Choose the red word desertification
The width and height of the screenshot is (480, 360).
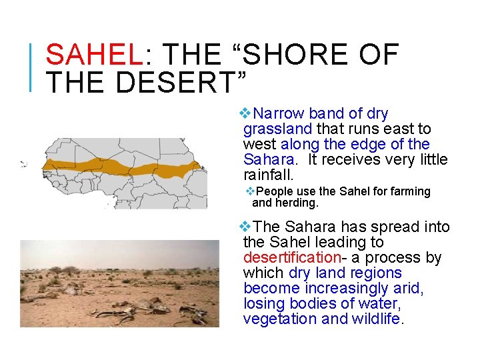pos(292,257)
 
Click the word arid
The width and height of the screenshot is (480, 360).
pos(409,288)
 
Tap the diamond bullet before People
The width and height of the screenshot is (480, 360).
pos(250,191)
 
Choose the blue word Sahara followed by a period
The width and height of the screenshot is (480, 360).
pos(269,159)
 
